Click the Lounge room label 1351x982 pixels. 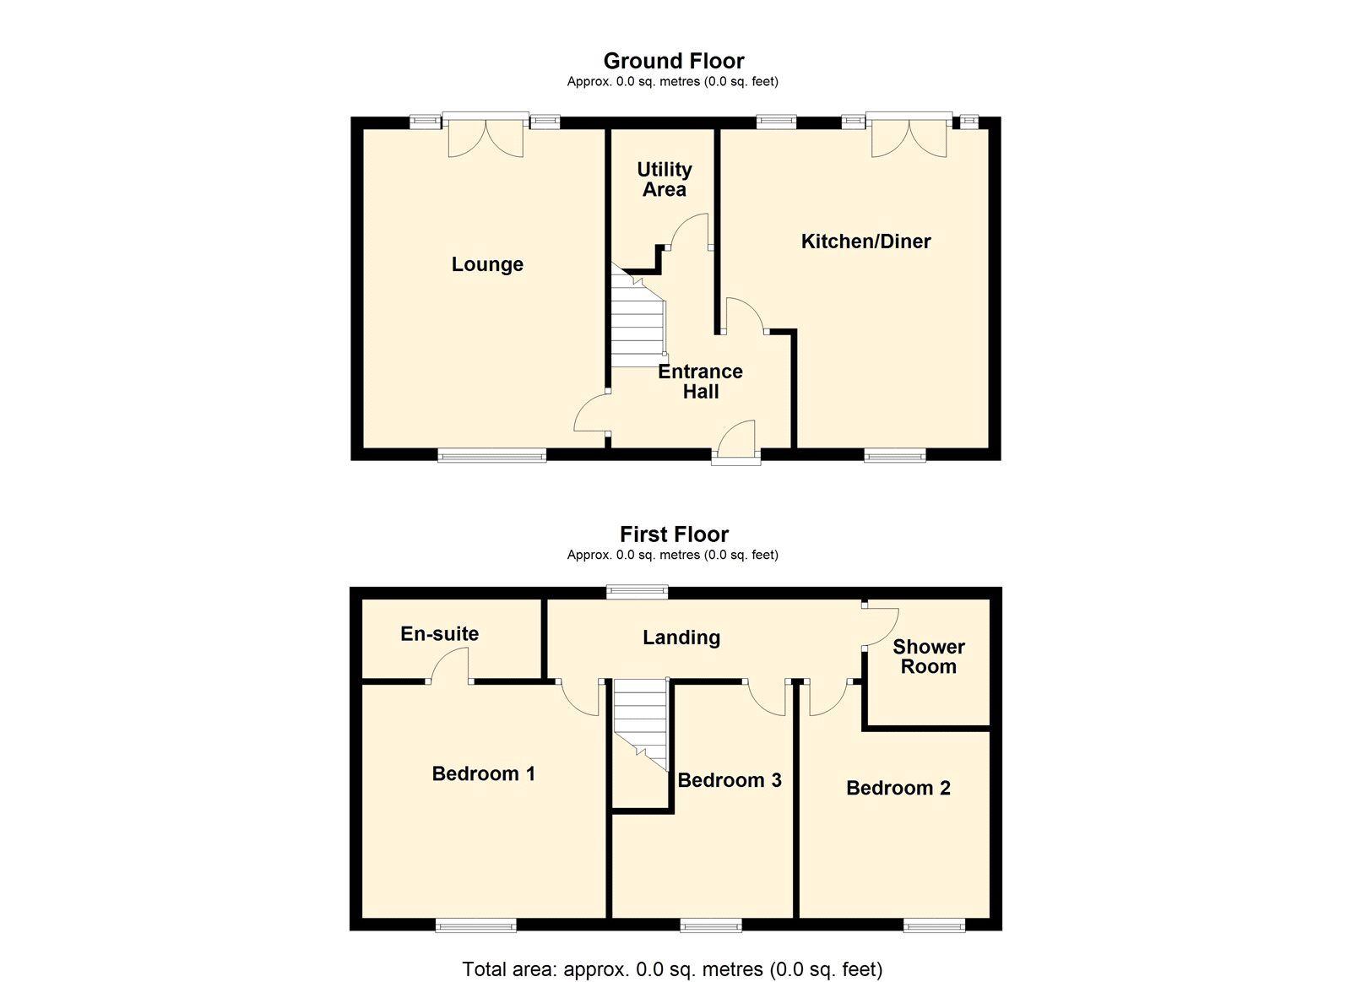(x=487, y=265)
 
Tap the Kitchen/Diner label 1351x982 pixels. (x=865, y=241)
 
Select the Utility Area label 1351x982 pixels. (x=664, y=179)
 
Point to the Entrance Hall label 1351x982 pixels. (x=700, y=381)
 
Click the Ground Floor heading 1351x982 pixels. (x=674, y=61)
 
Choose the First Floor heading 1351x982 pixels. (x=675, y=534)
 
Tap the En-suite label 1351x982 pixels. (x=440, y=633)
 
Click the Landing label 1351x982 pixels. (x=681, y=637)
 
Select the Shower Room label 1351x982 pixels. (x=929, y=657)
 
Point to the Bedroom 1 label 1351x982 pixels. (x=484, y=774)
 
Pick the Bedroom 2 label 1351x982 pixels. (x=898, y=788)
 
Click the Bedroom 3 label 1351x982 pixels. (x=730, y=780)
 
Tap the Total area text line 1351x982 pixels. (x=672, y=952)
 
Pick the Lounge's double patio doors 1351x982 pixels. (x=486, y=135)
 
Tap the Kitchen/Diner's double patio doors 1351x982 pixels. (x=909, y=135)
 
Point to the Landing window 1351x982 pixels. (x=638, y=591)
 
